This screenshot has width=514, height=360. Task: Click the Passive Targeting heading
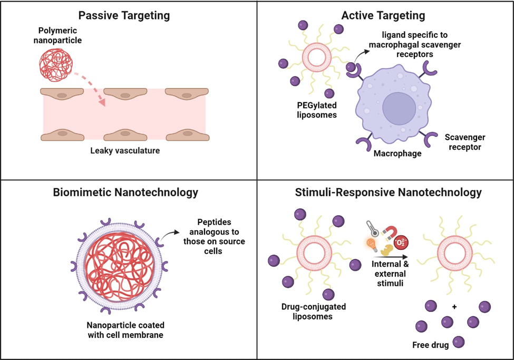tap(124, 15)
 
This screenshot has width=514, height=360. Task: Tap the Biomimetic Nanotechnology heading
tap(125, 192)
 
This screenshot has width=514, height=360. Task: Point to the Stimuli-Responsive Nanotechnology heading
tap(388, 192)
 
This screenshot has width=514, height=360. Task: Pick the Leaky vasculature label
tap(125, 151)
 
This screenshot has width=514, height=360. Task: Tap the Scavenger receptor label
tap(465, 142)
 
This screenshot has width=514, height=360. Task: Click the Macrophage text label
tap(397, 153)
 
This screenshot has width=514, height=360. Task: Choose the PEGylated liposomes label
tap(316, 110)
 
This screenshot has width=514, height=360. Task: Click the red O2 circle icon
tap(402, 244)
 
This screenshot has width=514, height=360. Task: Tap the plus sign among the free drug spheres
tap(454, 307)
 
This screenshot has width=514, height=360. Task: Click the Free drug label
tap(430, 345)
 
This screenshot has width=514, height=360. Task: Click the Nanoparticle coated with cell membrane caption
tap(125, 329)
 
